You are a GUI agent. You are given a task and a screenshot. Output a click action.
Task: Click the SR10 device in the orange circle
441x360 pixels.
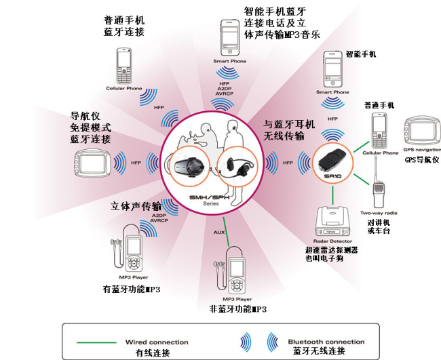click(x=332, y=162)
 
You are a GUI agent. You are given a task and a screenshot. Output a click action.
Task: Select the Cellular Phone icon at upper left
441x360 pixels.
click(x=124, y=66)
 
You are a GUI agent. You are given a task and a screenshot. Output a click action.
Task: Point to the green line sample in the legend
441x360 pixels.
click(x=96, y=342)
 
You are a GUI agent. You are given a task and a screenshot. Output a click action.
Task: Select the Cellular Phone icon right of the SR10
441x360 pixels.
click(x=379, y=130)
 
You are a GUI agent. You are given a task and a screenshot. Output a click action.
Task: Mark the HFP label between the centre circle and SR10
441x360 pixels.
click(x=288, y=163)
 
